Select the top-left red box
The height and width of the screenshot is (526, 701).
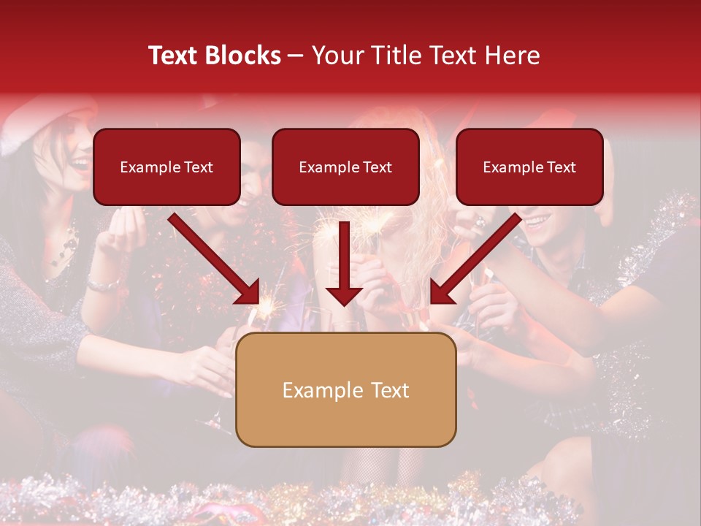point(166,167)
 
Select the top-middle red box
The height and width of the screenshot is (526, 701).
point(345,167)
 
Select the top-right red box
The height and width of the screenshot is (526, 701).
point(529,167)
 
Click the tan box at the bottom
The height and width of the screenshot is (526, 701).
point(345,389)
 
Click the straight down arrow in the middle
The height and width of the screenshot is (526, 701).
point(345,263)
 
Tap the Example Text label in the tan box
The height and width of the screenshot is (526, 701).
point(345,390)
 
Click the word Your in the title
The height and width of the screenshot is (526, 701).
point(338,56)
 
